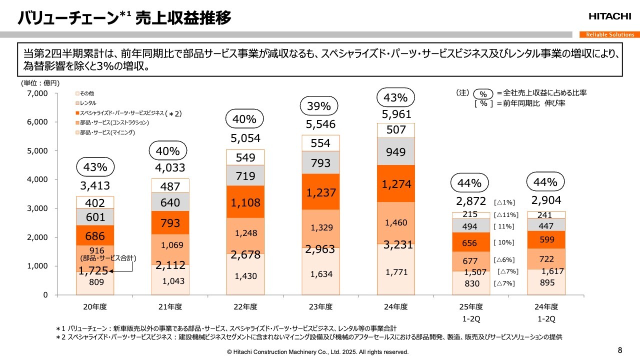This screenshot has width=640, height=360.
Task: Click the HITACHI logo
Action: [609, 16]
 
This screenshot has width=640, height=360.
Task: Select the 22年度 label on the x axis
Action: [246, 306]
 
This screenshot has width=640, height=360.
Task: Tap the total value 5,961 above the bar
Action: [396, 114]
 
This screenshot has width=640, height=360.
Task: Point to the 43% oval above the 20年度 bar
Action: [95, 167]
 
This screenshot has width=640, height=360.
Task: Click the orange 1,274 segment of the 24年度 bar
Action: [396, 184]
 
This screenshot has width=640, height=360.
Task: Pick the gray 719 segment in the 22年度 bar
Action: [245, 176]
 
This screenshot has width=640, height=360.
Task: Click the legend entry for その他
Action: [86, 93]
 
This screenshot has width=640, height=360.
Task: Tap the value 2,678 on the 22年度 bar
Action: [245, 255]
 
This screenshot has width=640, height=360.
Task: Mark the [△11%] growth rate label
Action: [505, 215]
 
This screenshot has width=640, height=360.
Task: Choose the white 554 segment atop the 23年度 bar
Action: [320, 143]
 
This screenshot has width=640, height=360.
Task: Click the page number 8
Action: [620, 349]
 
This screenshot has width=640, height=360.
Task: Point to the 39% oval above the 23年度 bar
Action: [319, 106]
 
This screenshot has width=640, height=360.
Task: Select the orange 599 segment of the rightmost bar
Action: [546, 239]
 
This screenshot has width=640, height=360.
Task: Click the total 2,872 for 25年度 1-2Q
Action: [470, 201]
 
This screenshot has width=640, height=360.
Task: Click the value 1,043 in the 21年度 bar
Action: [173, 281]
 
